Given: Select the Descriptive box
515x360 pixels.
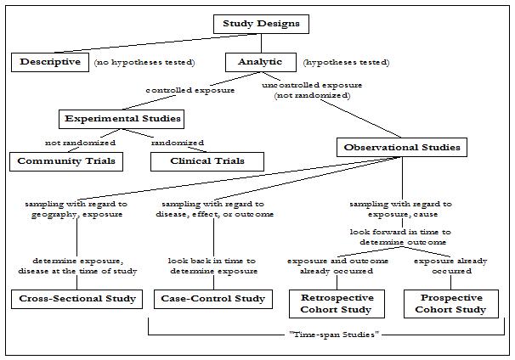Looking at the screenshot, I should click(x=50, y=62).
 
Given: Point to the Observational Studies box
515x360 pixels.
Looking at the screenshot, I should click(x=402, y=147).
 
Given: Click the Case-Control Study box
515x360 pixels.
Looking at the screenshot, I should click(x=212, y=298).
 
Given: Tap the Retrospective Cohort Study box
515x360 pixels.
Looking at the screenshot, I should click(x=338, y=303).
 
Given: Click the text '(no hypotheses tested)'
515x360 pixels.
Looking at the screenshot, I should click(x=144, y=63).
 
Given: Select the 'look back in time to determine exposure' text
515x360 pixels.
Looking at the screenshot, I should click(x=212, y=266).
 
